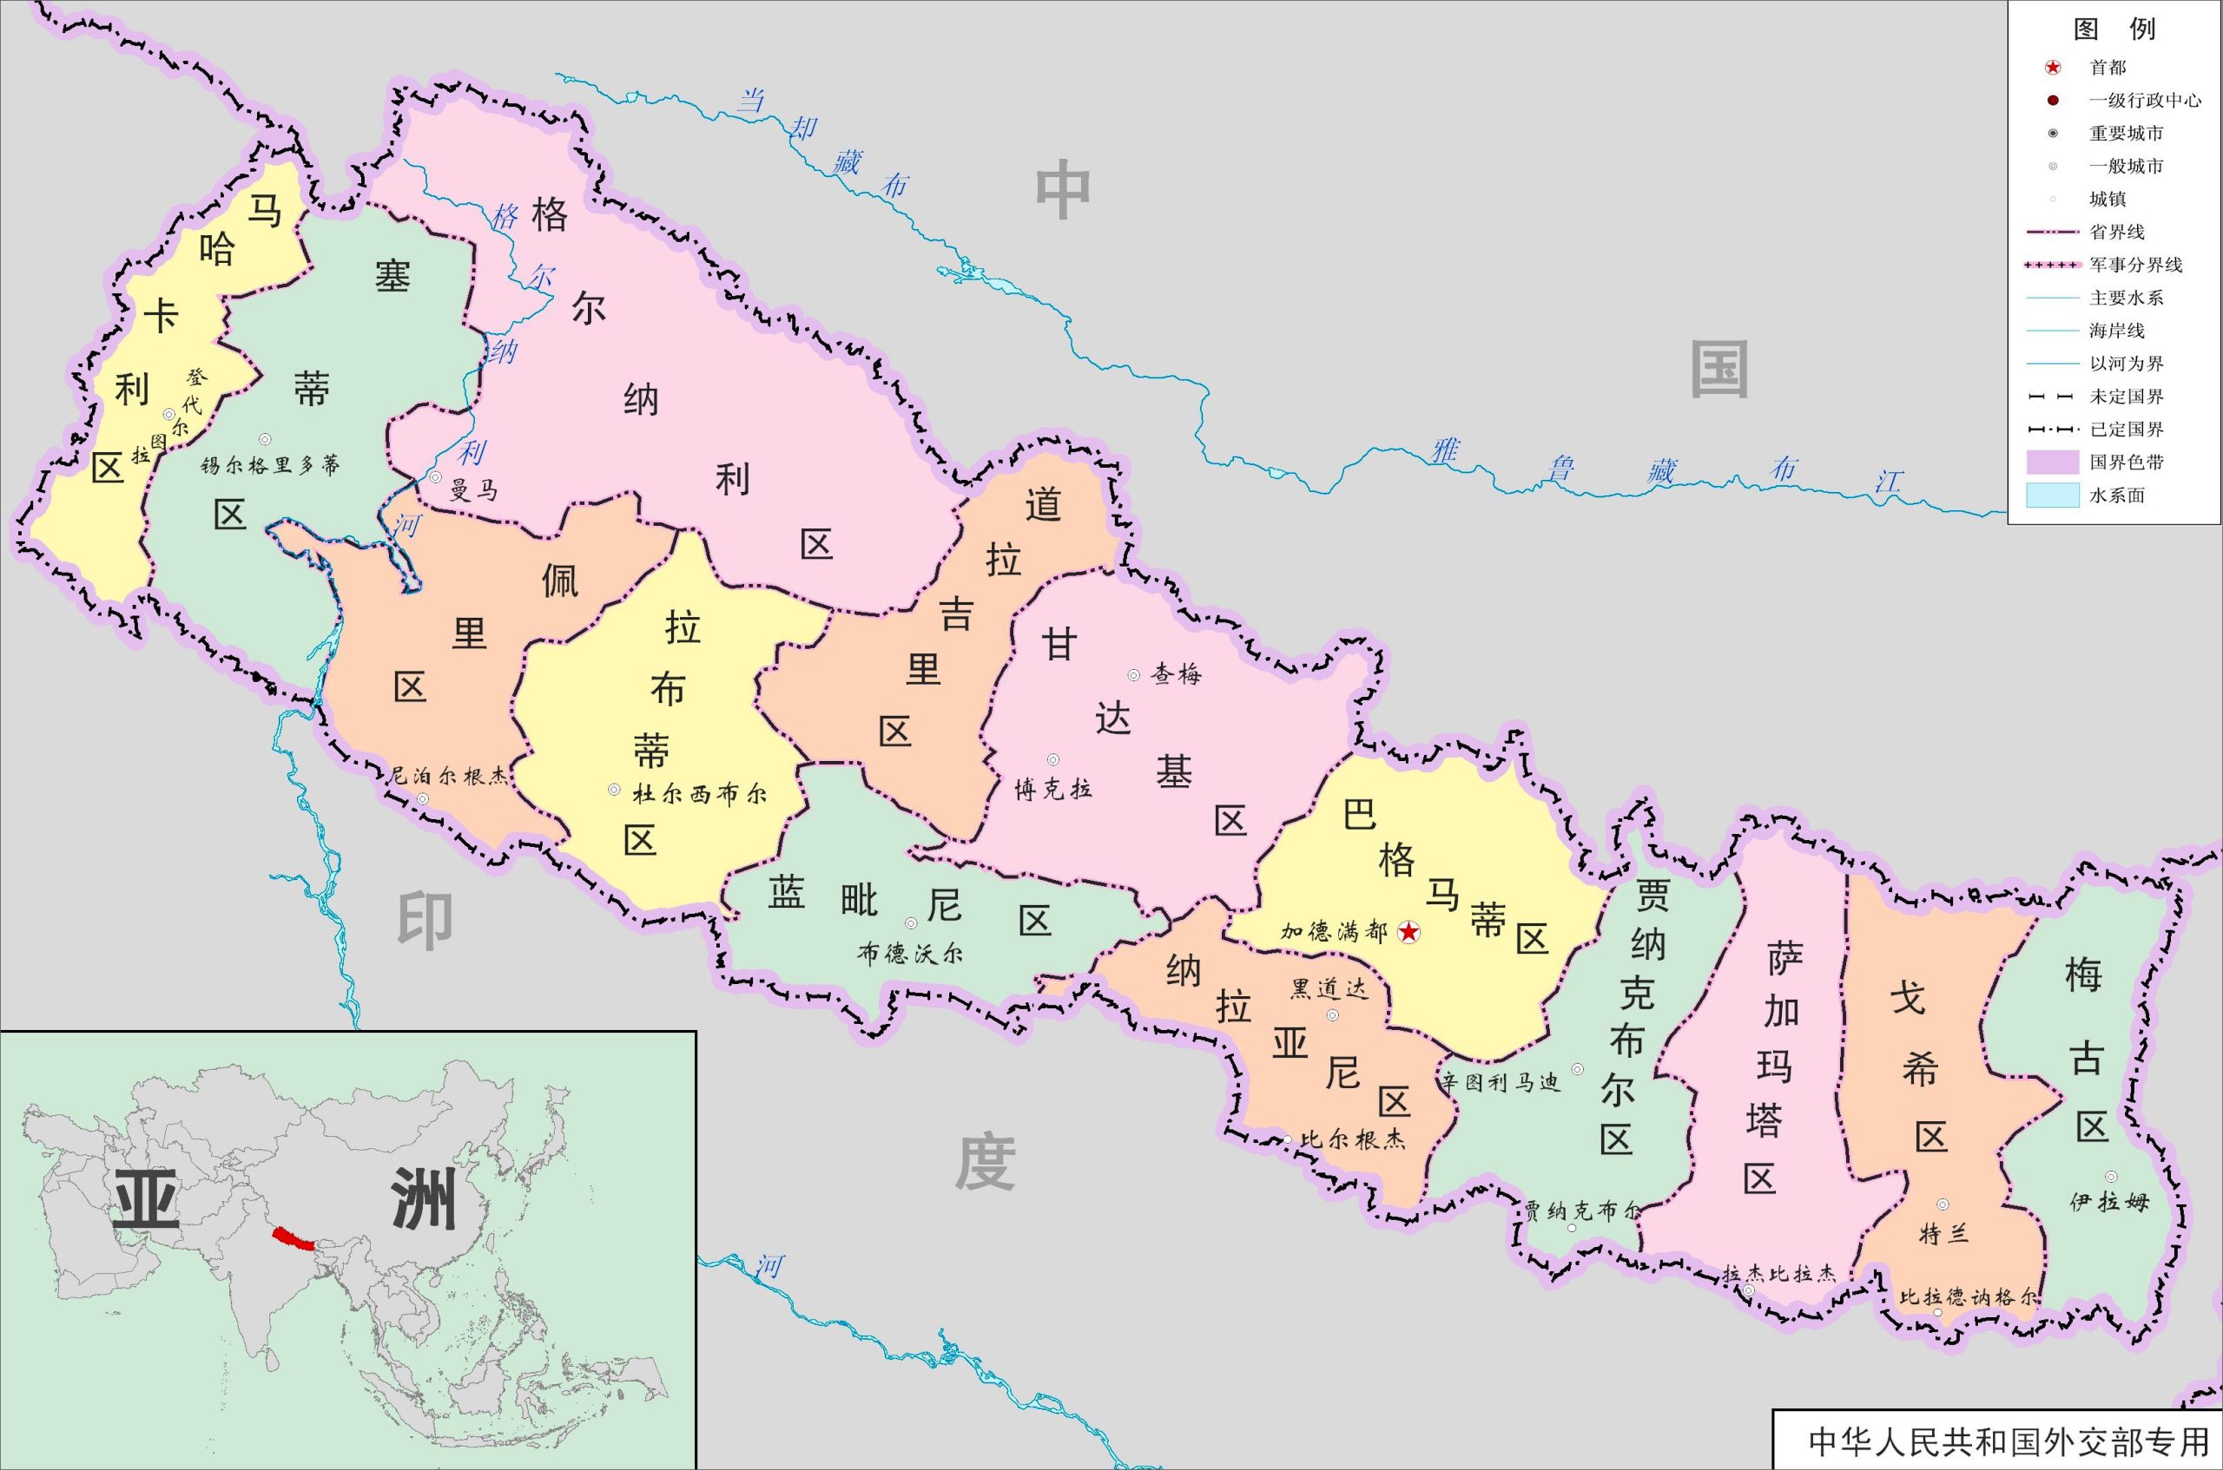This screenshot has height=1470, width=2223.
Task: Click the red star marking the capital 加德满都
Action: point(1408,932)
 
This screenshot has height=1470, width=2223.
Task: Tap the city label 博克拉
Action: point(1053,790)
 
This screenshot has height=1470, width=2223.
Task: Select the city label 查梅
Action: point(1177,674)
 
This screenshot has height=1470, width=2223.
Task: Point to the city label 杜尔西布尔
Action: point(699,794)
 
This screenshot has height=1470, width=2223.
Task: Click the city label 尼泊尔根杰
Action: point(448,777)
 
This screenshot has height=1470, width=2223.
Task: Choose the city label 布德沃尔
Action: point(910,955)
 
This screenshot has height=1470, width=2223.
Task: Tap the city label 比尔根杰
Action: point(1353,1139)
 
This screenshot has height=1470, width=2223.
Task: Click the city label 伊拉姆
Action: point(2109,1201)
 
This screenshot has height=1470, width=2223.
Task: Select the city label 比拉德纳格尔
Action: point(1969,1297)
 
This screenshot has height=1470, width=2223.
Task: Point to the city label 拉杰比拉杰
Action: point(1778,1274)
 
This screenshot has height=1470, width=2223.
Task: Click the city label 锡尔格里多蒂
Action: point(270,465)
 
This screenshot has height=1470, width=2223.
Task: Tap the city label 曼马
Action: point(473,490)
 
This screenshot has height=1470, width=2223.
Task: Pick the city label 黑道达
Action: point(1329,989)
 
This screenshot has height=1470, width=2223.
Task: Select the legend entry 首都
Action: point(2108,68)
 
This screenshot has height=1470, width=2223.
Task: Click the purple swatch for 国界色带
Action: point(2052,463)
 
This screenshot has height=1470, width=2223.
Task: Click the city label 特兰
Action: point(1943,1234)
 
